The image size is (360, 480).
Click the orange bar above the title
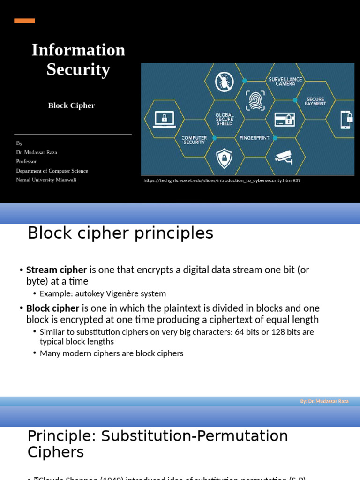pos(24,21)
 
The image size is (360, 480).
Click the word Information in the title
pos(78,50)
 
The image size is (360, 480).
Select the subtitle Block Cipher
pos(71,105)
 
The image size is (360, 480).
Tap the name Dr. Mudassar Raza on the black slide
pos(37,152)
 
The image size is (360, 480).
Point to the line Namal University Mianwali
pos(46,180)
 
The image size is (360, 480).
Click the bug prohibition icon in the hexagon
pos(225,82)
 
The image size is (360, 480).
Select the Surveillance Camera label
pos(285,82)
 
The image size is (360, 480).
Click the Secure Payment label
pos(315,101)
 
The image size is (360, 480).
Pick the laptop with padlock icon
pos(164,119)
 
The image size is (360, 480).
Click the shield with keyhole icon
pos(224,158)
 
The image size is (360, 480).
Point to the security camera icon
pos(284,157)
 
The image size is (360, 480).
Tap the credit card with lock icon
pos(285,119)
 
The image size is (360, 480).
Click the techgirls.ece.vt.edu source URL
pos(222,180)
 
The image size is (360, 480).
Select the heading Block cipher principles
pos(120,233)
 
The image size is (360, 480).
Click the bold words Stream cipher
pos(56,270)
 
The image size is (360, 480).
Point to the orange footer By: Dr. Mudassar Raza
pos(324,401)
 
